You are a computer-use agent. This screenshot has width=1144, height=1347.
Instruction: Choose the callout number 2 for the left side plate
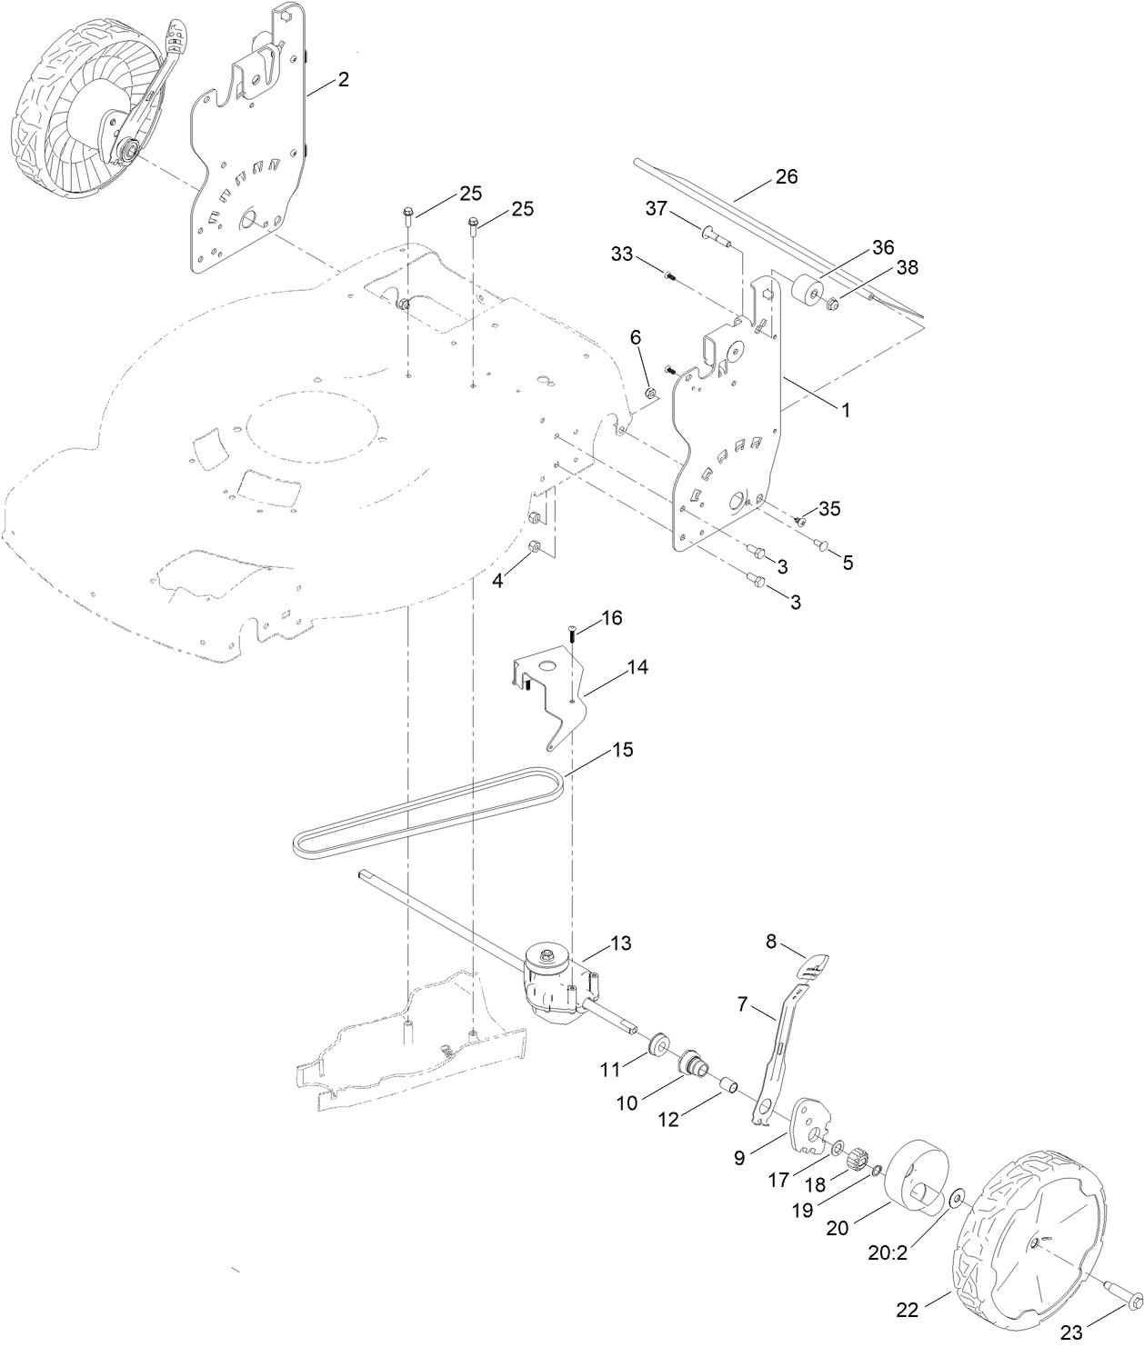pos(342,80)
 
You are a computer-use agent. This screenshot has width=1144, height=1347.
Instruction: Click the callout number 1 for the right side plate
pos(845,410)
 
